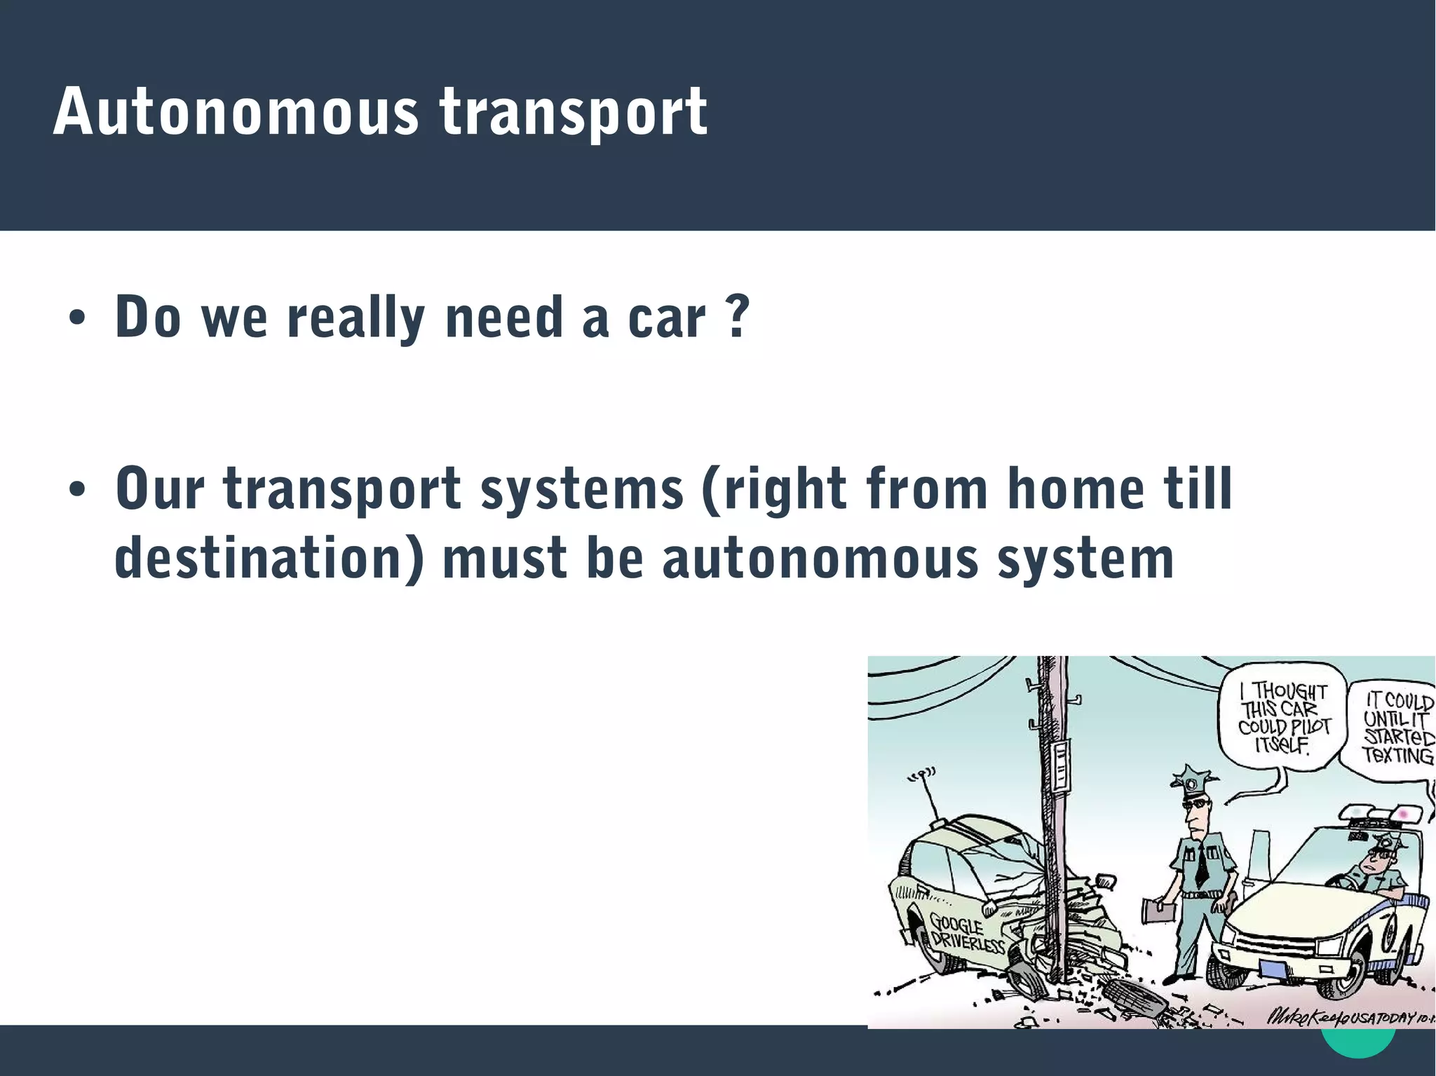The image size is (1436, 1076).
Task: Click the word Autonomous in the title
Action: [x=234, y=112]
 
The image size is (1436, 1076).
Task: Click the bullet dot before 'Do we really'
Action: [x=76, y=320]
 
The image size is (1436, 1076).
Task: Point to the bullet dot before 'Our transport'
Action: [x=76, y=490]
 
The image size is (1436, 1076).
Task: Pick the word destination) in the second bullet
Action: [x=269, y=559]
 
